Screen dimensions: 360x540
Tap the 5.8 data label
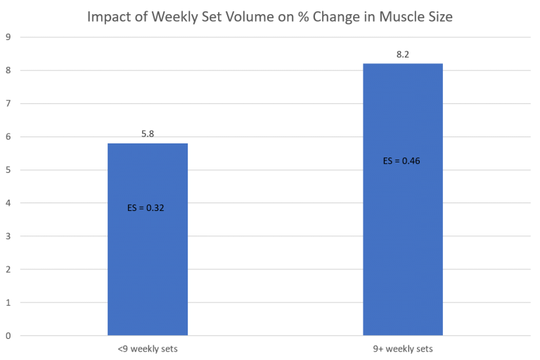click(x=148, y=133)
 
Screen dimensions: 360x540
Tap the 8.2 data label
click(x=402, y=53)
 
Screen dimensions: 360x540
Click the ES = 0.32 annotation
click(x=146, y=208)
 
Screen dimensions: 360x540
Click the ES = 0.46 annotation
click(x=401, y=161)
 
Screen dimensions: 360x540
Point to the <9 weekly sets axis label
click(x=148, y=349)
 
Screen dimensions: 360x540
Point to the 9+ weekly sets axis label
click(x=402, y=349)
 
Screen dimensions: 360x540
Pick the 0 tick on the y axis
click(x=8, y=335)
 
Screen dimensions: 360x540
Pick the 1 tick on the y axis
click(x=8, y=302)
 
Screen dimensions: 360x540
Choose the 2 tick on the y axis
click(x=8, y=269)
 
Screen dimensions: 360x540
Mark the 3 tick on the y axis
click(x=8, y=236)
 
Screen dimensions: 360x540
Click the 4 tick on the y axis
click(x=8, y=203)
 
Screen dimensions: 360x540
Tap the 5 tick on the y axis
click(x=8, y=170)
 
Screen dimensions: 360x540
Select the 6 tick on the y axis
click(x=8, y=137)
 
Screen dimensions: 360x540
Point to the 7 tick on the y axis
click(x=8, y=104)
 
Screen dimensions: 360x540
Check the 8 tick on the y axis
click(x=8, y=70)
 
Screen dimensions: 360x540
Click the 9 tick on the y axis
click(x=8, y=37)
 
